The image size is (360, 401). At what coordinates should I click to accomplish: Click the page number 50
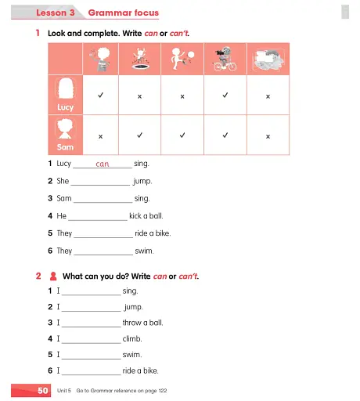[x=43, y=389]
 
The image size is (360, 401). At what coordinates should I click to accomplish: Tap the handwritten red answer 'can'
[x=102, y=164]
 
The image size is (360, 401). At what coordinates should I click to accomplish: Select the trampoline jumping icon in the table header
[x=140, y=60]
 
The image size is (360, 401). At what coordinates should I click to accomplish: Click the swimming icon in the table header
[x=268, y=60]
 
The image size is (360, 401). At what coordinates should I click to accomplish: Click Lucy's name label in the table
[x=65, y=107]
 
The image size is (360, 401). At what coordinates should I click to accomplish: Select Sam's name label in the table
[x=65, y=146]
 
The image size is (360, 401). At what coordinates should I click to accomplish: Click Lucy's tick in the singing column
[x=100, y=96]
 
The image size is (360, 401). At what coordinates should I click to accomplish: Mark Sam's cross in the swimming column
[x=268, y=135]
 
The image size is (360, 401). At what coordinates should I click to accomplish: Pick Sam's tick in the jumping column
[x=140, y=135]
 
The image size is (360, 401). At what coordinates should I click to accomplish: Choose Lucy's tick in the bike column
[x=225, y=96]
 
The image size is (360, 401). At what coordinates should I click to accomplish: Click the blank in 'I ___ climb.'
[x=91, y=339]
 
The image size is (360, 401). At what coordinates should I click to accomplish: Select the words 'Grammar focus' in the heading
[x=123, y=13]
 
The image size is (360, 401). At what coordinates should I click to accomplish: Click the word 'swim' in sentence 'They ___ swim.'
[x=144, y=251]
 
